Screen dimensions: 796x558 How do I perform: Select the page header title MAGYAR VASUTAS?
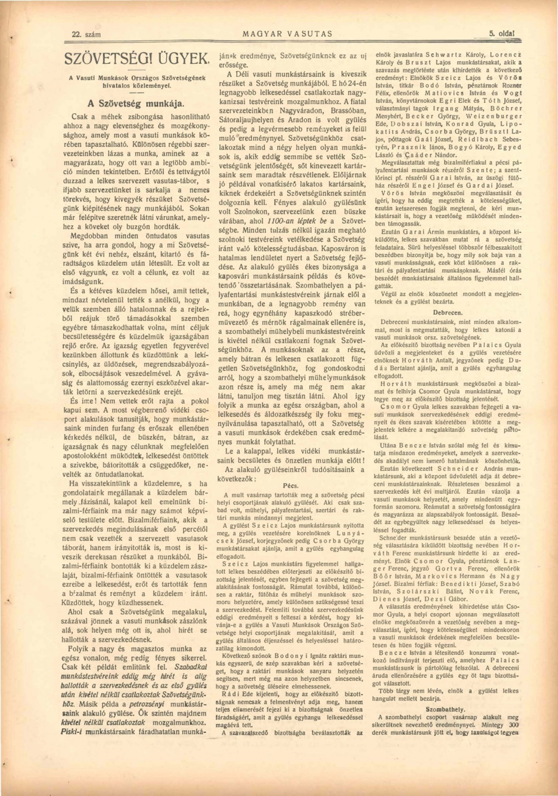(287, 34)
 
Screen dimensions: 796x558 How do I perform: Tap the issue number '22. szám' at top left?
(86, 35)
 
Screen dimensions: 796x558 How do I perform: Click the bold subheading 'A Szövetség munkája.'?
(136, 103)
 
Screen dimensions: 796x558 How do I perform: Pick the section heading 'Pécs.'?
(291, 486)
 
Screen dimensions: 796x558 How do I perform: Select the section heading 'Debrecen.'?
(448, 313)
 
